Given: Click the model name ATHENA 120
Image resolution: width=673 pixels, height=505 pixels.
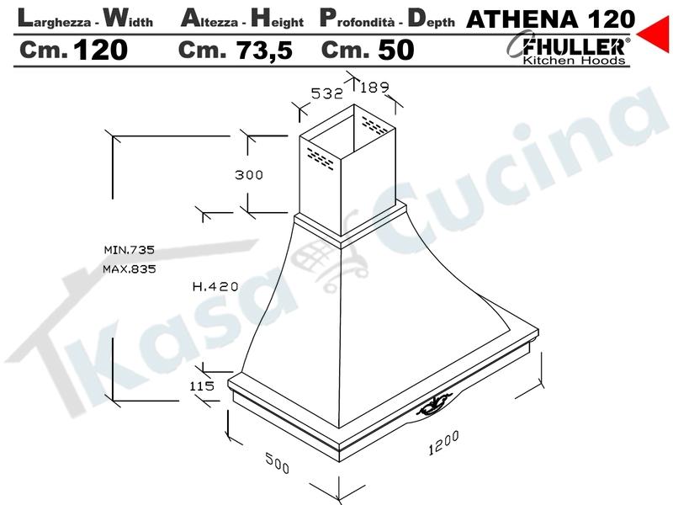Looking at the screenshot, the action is pyautogui.click(x=550, y=19).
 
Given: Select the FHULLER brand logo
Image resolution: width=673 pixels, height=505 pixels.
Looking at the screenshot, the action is pyautogui.click(x=570, y=45).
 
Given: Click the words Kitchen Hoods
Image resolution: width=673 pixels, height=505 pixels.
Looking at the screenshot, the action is pyautogui.click(x=574, y=60).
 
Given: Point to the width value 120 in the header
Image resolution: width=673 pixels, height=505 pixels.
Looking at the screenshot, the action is pyautogui.click(x=101, y=50).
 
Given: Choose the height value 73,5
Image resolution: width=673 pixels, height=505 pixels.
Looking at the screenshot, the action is pyautogui.click(x=265, y=50).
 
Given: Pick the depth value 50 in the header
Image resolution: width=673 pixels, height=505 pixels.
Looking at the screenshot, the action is pyautogui.click(x=395, y=50).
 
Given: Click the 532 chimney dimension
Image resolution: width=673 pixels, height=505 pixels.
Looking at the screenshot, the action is pyautogui.click(x=327, y=93).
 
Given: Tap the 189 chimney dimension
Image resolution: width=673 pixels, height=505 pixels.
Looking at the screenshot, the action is pyautogui.click(x=374, y=88).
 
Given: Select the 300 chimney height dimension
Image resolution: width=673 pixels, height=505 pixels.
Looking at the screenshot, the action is pyautogui.click(x=249, y=175).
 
